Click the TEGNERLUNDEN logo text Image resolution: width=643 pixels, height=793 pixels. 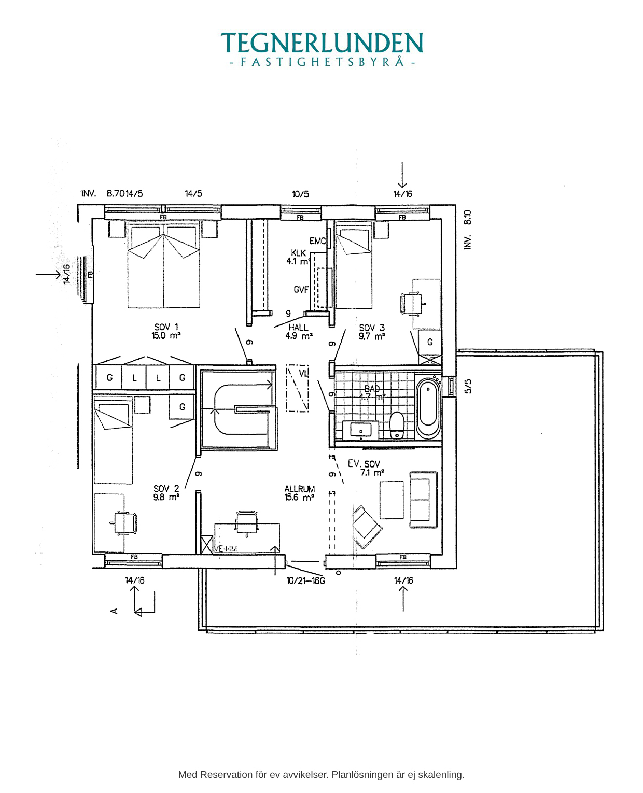tap(321, 44)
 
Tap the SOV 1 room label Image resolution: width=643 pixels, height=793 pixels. tap(166, 331)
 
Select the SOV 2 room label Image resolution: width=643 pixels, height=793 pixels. tap(166, 493)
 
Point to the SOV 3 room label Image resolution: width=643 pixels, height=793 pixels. tap(372, 332)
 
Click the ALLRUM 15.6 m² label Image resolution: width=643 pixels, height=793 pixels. tap(299, 493)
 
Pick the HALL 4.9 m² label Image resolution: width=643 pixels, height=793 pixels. tap(299, 332)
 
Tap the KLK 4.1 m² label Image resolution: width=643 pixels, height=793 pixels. tap(298, 257)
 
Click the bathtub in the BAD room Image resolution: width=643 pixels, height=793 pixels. tap(428, 408)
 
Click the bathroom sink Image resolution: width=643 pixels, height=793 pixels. tap(361, 430)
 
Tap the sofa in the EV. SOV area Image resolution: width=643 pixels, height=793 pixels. tap(424, 500)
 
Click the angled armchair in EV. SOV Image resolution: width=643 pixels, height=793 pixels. tap(367, 526)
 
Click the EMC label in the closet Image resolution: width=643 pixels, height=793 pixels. tap(317, 241)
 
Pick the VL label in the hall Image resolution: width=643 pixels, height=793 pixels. tap(303, 373)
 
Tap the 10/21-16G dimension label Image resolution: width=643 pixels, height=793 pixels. tap(306, 580)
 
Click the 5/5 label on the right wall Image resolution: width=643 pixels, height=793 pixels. tap(468, 386)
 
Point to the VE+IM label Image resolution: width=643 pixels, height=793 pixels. tap(226, 549)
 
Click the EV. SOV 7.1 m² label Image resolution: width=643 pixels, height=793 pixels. tap(366, 468)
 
